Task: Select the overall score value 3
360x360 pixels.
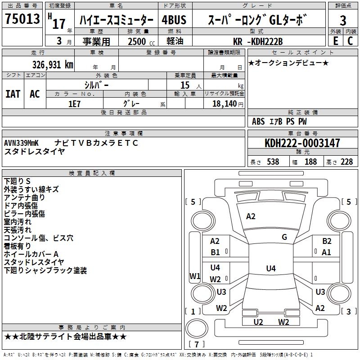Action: pos(343,20)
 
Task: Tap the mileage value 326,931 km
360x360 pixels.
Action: pos(53,64)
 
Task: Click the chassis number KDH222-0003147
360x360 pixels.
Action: pos(302,143)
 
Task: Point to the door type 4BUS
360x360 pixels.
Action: pos(174,20)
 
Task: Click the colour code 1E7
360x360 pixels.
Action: pos(75,103)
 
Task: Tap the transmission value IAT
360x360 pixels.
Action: pos(13,94)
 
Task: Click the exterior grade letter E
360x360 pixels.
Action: pos(335,41)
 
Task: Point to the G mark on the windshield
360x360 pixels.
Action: pos(284,237)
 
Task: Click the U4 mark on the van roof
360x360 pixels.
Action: pos(270,269)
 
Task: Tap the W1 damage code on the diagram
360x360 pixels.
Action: pos(195,276)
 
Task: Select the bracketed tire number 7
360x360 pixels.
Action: pos(197,345)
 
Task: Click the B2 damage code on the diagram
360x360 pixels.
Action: pos(327,241)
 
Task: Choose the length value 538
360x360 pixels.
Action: pos(273,162)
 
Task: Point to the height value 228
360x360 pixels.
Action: pos(346,162)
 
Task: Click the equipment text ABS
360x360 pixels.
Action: pos(258,121)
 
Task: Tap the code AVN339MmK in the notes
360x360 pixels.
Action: pos(21,143)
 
